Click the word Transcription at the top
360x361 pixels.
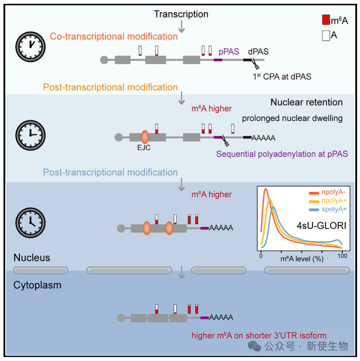[x=181, y=14]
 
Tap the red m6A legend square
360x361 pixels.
[x=326, y=20]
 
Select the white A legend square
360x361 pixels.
[x=326, y=36]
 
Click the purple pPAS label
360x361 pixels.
[x=229, y=52]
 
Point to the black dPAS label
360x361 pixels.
[x=258, y=52]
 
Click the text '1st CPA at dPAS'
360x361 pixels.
[x=282, y=76]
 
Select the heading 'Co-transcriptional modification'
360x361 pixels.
[x=114, y=36]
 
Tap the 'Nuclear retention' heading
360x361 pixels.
[x=307, y=102]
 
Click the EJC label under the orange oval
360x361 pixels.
[x=144, y=147]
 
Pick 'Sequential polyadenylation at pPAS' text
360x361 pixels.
[x=282, y=154]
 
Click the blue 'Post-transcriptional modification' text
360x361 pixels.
[x=110, y=172]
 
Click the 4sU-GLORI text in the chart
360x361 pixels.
[x=321, y=225]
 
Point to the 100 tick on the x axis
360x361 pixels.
[x=342, y=256]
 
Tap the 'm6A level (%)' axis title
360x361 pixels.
[x=302, y=259]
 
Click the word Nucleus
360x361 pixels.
[x=32, y=258]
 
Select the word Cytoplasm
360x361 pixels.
[x=38, y=285]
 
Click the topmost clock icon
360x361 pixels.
[x=30, y=47]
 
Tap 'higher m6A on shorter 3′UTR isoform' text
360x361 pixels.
[x=259, y=335]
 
